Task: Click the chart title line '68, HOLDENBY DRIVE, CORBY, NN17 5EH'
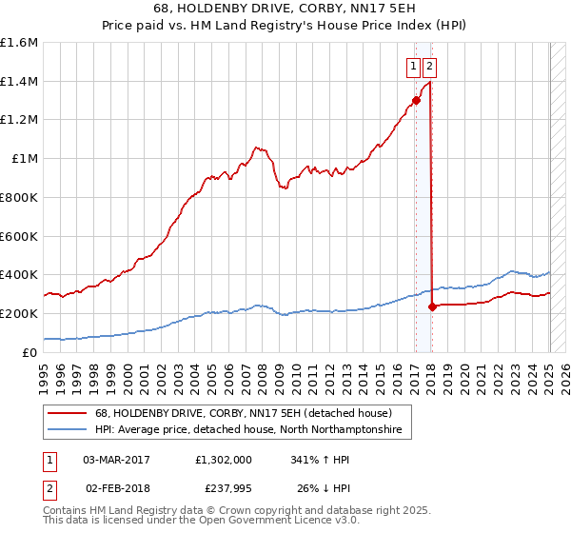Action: point(285,9)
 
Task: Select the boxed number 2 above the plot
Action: point(430,67)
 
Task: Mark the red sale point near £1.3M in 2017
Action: point(416,100)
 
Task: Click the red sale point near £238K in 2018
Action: point(432,306)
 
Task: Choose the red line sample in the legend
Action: point(68,413)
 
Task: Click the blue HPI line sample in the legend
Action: point(68,430)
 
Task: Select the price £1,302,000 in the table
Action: point(222,459)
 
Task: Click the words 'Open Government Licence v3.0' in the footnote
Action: point(281,522)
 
